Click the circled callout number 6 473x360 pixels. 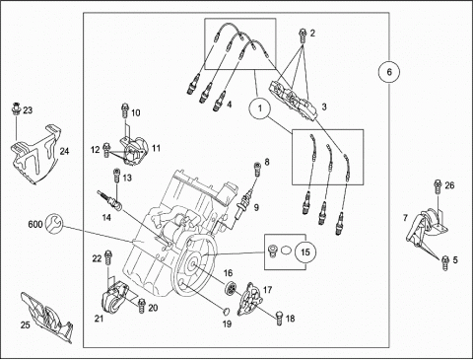389,72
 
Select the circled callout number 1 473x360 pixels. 260,108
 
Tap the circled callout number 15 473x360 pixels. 305,252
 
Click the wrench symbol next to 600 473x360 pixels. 53,223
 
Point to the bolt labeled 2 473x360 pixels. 303,36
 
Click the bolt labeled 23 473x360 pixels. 16,108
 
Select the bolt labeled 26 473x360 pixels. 438,187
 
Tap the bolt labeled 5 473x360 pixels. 445,262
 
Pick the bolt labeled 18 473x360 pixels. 280,318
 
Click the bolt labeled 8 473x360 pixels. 257,169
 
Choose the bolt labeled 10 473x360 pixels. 125,110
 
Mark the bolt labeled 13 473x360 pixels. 116,176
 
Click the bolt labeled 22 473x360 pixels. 107,257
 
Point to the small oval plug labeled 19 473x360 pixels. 225,311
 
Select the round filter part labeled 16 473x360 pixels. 231,287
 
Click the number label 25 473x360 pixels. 26,324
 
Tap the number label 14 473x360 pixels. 106,217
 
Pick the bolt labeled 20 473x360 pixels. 142,306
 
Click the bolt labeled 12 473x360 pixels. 106,150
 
